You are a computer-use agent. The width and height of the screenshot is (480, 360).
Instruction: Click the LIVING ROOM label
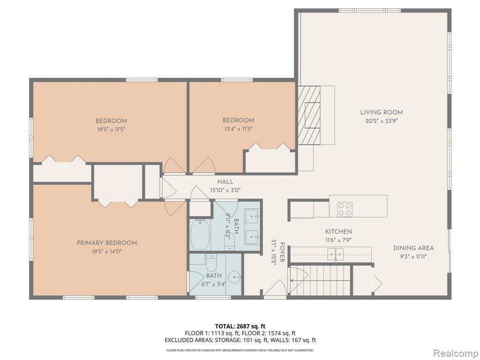382,112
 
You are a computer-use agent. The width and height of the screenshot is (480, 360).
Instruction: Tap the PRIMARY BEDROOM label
107,243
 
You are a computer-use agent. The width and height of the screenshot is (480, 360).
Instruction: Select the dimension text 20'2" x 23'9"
382,121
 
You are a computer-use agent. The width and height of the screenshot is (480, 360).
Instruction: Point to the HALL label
225,182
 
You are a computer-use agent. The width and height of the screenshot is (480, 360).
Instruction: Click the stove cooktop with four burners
345,210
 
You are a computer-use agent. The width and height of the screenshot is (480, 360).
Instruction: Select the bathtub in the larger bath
200,234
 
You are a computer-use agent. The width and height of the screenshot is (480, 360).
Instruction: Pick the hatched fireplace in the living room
309,115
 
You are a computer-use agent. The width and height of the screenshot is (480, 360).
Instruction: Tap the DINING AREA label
413,248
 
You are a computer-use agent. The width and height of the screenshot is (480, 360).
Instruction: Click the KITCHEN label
338,232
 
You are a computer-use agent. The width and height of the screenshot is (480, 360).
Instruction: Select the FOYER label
282,252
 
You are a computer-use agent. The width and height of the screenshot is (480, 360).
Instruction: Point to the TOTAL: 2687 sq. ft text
240,326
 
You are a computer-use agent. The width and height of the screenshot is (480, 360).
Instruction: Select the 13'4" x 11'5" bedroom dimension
239,129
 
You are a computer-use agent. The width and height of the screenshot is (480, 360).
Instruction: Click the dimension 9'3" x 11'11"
413,256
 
